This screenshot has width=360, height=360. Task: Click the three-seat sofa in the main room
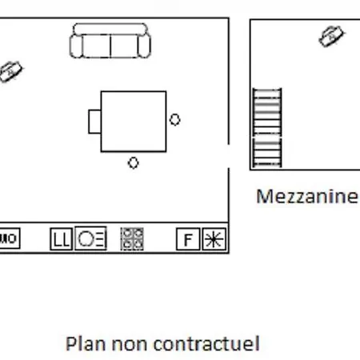click(110, 41)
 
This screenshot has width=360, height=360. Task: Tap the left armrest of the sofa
click(76, 46)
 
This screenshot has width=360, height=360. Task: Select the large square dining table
click(134, 122)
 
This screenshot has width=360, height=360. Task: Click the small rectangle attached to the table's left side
click(94, 122)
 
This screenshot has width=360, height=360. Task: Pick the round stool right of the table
click(175, 119)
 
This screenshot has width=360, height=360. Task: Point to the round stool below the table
click(134, 162)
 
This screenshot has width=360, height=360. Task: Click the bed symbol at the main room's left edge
click(10, 71)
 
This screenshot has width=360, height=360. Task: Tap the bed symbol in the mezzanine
click(331, 36)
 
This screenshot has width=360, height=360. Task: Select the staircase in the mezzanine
click(267, 128)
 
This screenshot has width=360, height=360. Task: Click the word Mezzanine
click(306, 196)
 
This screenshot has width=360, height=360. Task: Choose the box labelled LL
click(61, 239)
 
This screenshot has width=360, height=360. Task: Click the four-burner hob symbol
click(132, 239)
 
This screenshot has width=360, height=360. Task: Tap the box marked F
click(188, 239)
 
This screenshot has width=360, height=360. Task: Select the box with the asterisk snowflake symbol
click(214, 239)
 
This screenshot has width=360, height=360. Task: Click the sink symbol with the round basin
click(90, 238)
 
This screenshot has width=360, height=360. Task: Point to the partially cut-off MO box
click(10, 238)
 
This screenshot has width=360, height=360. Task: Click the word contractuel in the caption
click(206, 343)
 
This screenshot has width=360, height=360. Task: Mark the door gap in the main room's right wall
click(229, 156)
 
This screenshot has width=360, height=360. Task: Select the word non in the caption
click(130, 345)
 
